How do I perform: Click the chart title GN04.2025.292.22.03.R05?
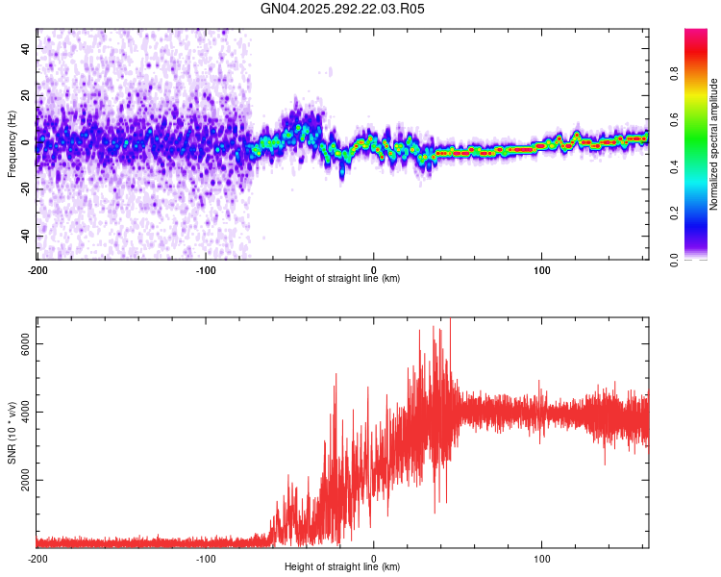(343, 9)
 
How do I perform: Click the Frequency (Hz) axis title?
(12, 144)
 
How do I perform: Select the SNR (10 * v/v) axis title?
(12, 431)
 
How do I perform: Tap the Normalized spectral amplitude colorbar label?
(714, 144)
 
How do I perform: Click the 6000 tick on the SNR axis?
(26, 344)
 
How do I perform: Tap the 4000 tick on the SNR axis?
(26, 413)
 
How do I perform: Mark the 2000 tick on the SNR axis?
(26, 480)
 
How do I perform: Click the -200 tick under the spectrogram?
(37, 268)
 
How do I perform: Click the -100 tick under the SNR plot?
(206, 558)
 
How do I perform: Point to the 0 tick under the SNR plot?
(374, 558)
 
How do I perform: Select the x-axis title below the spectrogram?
(342, 278)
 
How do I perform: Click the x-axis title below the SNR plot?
(342, 567)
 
